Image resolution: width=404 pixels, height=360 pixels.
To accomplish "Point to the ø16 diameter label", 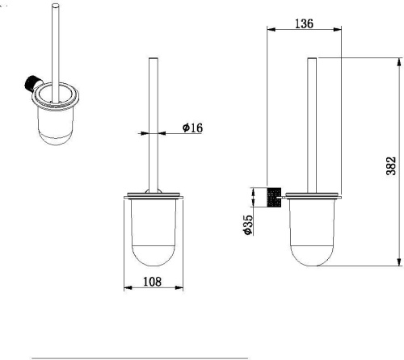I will (x=191, y=128).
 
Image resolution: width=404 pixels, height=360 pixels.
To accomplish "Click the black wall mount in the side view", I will (x=274, y=196).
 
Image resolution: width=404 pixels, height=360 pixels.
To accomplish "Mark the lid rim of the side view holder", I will (x=316, y=195).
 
